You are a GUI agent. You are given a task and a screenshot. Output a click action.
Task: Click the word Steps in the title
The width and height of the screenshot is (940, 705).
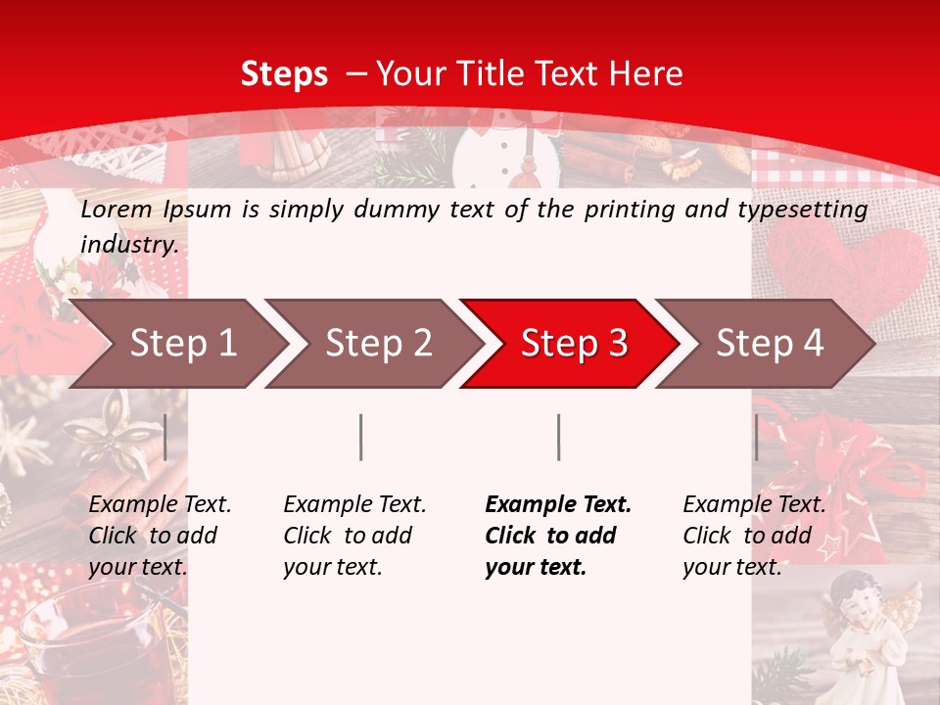[284, 74]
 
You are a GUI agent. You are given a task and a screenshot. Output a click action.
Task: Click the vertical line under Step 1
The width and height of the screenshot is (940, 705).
[165, 437]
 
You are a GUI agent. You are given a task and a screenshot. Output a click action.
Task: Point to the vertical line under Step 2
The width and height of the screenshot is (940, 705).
[361, 437]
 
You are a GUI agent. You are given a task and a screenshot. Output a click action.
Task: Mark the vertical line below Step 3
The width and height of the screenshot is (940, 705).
[559, 437]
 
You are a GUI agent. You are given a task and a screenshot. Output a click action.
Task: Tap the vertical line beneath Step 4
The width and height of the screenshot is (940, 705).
[757, 437]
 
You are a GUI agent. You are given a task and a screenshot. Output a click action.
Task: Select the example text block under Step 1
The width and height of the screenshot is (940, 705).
[160, 535]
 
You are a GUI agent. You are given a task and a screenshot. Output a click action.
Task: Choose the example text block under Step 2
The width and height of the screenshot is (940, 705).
[354, 535]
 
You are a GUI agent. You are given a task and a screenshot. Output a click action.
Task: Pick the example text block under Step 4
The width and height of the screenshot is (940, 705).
[754, 535]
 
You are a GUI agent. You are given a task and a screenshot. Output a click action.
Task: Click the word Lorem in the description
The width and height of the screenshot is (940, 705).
[117, 209]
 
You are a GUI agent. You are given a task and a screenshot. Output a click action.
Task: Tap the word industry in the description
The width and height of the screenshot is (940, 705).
[129, 244]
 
